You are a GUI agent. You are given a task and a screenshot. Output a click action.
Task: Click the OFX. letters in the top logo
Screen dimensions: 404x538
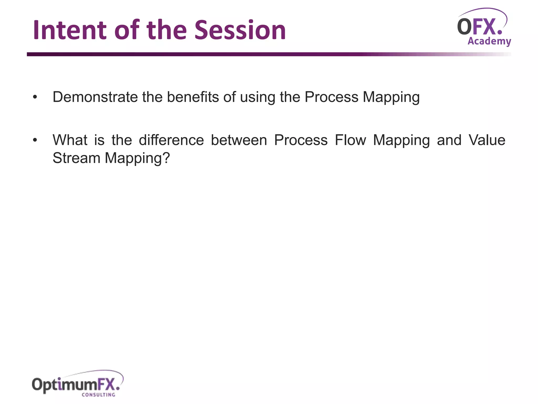click(x=479, y=27)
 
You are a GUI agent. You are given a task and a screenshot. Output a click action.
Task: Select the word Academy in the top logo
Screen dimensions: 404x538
click(x=489, y=41)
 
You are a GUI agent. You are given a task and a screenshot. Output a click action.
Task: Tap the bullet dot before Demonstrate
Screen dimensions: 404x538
click(x=35, y=97)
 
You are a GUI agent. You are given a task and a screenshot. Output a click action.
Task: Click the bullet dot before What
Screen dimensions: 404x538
click(x=35, y=140)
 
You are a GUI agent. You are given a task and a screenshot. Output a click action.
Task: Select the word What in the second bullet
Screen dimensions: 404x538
click(x=70, y=140)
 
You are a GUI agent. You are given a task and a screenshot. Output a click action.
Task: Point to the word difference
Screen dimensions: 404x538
click(x=171, y=140)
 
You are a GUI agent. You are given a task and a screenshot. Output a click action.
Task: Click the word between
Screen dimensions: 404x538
click(x=239, y=140)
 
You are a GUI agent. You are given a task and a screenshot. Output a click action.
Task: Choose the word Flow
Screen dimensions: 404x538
click(x=350, y=140)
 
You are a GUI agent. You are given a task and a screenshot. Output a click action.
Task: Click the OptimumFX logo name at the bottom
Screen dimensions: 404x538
click(x=76, y=385)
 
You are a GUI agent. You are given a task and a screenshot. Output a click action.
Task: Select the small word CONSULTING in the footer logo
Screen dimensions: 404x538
click(x=98, y=395)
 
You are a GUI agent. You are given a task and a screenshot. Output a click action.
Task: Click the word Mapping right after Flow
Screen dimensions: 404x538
click(x=401, y=140)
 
